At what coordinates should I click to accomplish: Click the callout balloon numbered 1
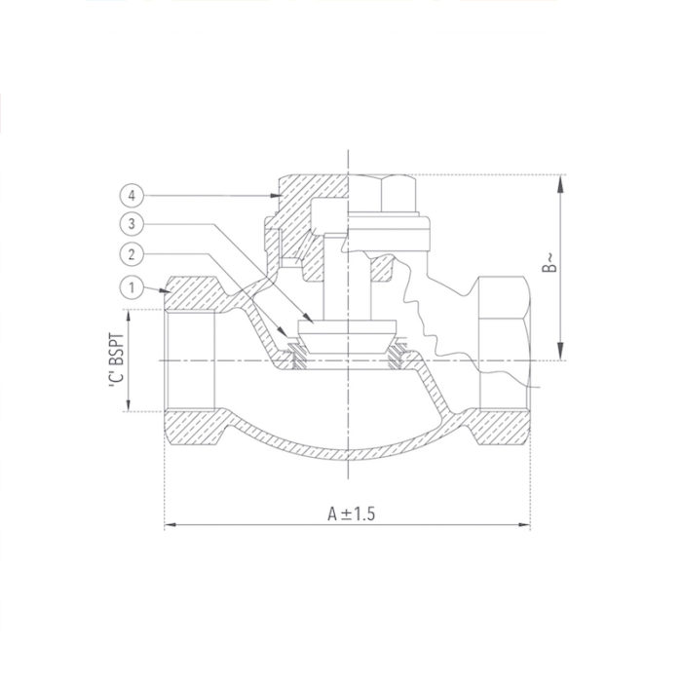pos(130,287)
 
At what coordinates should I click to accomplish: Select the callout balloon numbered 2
pos(130,255)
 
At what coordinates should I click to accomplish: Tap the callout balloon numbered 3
pos(130,224)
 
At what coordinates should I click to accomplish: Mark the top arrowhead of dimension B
pos(561,180)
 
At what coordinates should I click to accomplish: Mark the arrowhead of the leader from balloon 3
pos(310,322)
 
